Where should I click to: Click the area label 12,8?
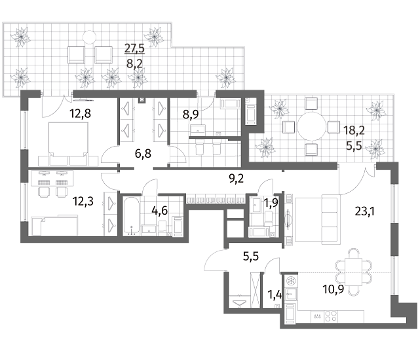click(x=80, y=113)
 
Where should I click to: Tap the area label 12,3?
click(x=83, y=202)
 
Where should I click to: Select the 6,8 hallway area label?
click(x=143, y=154)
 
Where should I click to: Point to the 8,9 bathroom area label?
click(x=191, y=115)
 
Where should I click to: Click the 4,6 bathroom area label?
click(x=159, y=211)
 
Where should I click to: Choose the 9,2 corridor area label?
click(x=237, y=179)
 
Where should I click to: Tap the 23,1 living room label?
click(x=365, y=211)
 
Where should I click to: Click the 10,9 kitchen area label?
click(x=333, y=289)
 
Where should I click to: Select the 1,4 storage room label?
click(x=275, y=295)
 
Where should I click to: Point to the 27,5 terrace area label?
click(x=134, y=48)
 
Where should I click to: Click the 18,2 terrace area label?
click(x=354, y=130)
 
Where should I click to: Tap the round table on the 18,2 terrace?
click(x=312, y=127)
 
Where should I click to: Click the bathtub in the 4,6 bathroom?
click(x=131, y=216)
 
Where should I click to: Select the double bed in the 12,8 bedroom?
click(x=68, y=144)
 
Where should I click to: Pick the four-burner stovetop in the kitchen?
click(x=331, y=316)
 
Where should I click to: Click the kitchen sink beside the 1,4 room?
click(x=290, y=295)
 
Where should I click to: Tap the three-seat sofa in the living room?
click(x=331, y=220)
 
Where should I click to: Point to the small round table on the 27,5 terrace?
click(x=89, y=37)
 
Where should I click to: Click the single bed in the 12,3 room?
click(x=54, y=226)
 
